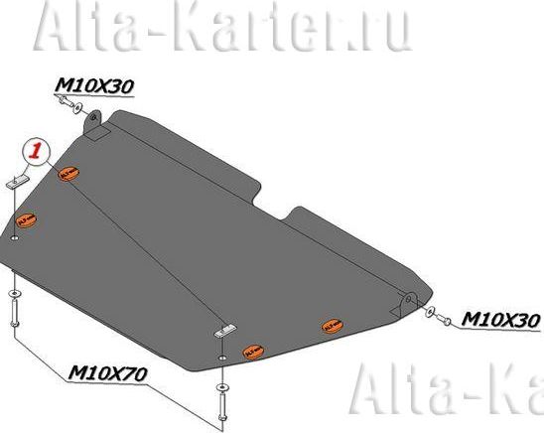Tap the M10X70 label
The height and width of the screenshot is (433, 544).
pos(108,373)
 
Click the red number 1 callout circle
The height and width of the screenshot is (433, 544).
pos(35,151)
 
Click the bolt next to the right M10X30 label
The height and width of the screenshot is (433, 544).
pos(446,319)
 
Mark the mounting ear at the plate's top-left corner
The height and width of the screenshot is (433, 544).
pos(98,127)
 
